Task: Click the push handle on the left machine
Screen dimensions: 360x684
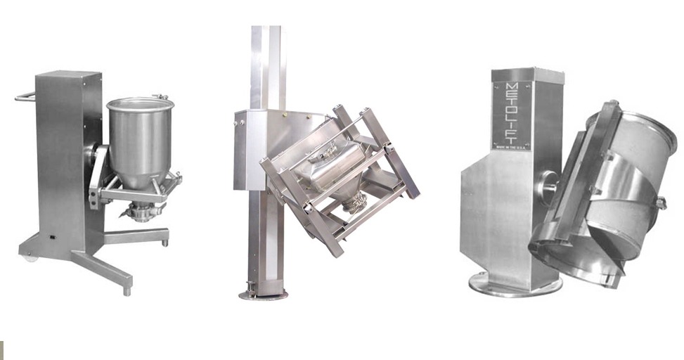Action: [x=25, y=96]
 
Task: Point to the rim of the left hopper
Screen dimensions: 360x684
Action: [x=140, y=103]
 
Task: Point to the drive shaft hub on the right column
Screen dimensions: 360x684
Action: [x=548, y=185]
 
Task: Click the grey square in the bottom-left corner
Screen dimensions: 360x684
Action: [x=1, y=350]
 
